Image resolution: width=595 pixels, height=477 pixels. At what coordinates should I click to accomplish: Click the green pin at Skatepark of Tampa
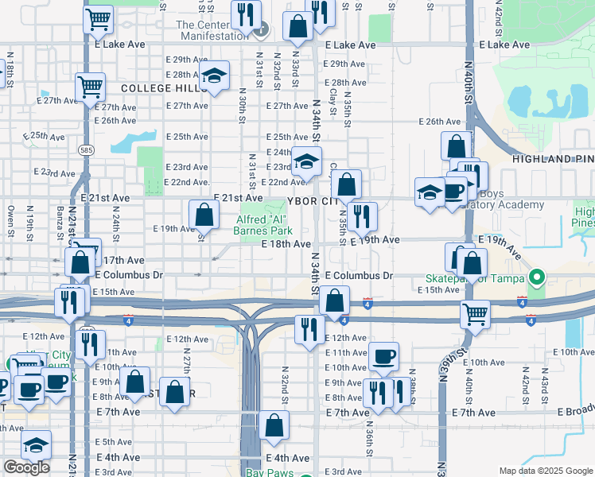[537, 278]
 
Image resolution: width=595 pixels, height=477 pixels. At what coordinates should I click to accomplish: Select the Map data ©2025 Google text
[545, 471]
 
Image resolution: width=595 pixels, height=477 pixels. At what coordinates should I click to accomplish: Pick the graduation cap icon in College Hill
[213, 76]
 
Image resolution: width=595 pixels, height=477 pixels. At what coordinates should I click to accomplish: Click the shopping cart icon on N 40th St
[475, 313]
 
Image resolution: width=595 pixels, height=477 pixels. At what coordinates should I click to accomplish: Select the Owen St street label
[11, 215]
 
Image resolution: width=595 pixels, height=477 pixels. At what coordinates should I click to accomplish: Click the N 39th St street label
[444, 388]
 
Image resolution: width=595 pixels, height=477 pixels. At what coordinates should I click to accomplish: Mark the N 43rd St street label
[543, 385]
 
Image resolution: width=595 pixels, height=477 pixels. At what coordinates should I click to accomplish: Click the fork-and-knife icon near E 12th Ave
[308, 328]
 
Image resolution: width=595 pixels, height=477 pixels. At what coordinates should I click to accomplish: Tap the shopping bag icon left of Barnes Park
[204, 214]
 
